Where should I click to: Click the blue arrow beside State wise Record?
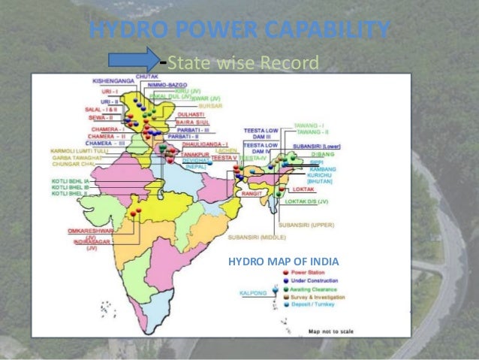click(133, 60)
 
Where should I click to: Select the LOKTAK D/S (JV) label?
click(309, 201)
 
